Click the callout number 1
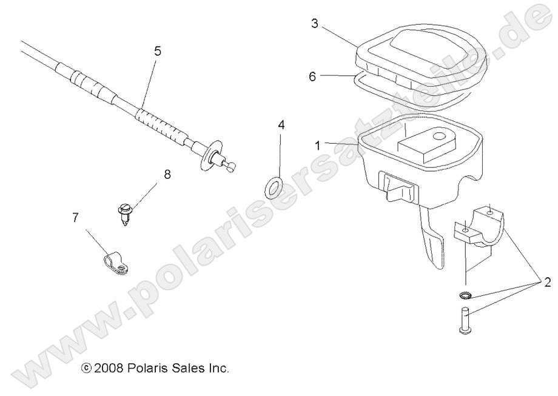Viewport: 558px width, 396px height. pos(318,146)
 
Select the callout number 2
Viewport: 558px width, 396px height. pos(546,282)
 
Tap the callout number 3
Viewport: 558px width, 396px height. pos(314,24)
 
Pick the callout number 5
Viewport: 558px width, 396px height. pos(158,51)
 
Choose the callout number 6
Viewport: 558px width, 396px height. pos(312,76)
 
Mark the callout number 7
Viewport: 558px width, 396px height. pos(75,218)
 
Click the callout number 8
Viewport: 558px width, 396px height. pos(167,175)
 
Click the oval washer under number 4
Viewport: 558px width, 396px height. pos(274,188)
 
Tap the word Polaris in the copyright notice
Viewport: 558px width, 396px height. pos(143,368)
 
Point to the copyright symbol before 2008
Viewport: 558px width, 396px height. pos(86,369)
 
